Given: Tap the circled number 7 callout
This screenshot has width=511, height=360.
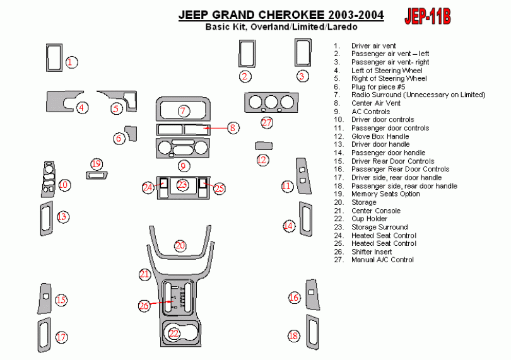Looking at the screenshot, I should pyautogui.click(x=183, y=111).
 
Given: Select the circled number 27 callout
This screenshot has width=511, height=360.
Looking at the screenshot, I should pyautogui.click(x=267, y=122).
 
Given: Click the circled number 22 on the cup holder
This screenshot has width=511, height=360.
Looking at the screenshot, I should pyautogui.click(x=174, y=333).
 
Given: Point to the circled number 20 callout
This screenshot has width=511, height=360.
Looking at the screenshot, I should pyautogui.click(x=180, y=245).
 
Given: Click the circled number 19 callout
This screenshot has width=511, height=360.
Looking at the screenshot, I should pyautogui.click(x=96, y=164).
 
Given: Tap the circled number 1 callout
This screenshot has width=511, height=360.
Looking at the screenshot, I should pyautogui.click(x=72, y=62).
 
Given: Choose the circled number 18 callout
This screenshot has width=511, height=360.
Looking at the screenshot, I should pyautogui.click(x=293, y=336).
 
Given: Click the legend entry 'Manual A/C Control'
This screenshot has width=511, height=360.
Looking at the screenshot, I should pyautogui.click(x=382, y=260).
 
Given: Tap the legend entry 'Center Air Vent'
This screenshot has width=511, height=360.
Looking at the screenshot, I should pyautogui.click(x=375, y=103).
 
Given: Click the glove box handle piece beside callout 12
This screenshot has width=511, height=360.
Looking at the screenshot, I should pyautogui.click(x=262, y=146).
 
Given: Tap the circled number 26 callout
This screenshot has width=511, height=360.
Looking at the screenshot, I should pyautogui.click(x=144, y=306).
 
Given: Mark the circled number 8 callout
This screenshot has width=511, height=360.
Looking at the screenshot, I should pyautogui.click(x=232, y=128).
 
